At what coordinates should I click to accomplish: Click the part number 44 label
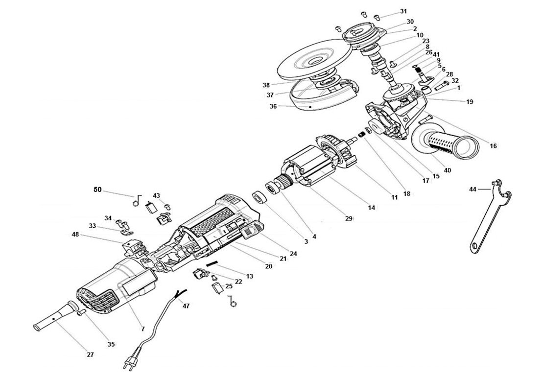[472, 189]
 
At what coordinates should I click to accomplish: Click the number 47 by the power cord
[186, 306]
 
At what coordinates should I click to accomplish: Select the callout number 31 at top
[403, 11]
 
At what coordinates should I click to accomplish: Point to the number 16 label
[493, 146]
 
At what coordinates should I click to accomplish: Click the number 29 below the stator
[349, 218]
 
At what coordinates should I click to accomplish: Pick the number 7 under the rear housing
[143, 329]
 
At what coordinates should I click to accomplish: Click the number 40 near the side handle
[447, 170]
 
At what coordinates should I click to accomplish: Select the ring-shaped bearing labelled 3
[258, 198]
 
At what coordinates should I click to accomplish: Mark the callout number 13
[250, 277]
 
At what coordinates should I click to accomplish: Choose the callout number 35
[111, 344]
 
